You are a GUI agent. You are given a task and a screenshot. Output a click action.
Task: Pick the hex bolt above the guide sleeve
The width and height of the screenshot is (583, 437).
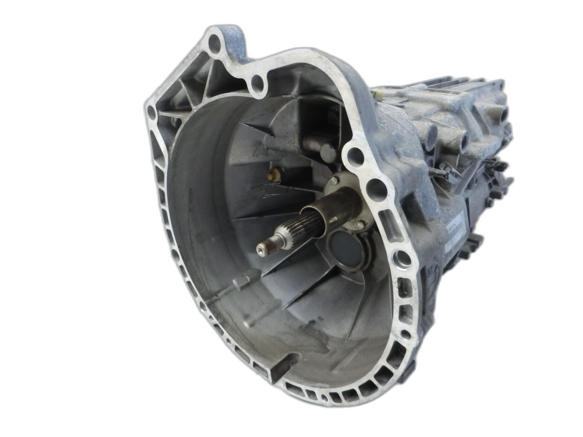(x=334, y=181)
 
